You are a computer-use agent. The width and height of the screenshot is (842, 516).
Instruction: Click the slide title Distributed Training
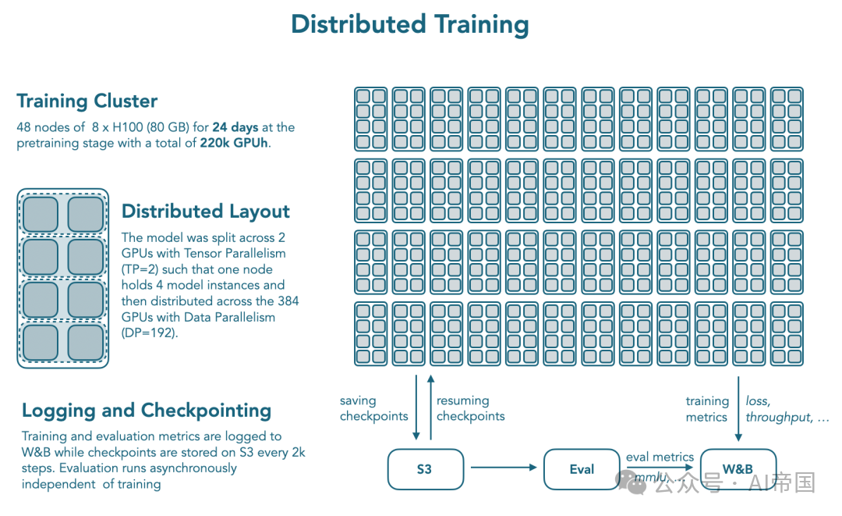409,24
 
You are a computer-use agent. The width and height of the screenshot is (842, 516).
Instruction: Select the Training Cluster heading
87,101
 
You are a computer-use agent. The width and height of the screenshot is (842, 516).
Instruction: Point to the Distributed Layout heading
206,212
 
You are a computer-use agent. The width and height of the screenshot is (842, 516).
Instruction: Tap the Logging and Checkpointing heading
147,411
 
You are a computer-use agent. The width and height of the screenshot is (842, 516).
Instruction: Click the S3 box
425,469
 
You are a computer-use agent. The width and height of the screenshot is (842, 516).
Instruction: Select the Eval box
582,469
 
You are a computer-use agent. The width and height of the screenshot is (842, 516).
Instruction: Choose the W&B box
738,469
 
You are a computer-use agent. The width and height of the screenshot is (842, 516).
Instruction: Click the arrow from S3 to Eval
504,468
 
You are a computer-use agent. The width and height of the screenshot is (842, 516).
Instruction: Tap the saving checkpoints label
373,408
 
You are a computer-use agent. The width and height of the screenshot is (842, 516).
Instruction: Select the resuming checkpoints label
470,408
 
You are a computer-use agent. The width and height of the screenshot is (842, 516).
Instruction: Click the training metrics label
707,409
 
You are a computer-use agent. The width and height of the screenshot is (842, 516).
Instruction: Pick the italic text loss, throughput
787,409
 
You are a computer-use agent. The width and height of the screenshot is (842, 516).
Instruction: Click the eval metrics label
660,457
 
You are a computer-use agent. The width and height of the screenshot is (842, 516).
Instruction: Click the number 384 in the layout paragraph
288,301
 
